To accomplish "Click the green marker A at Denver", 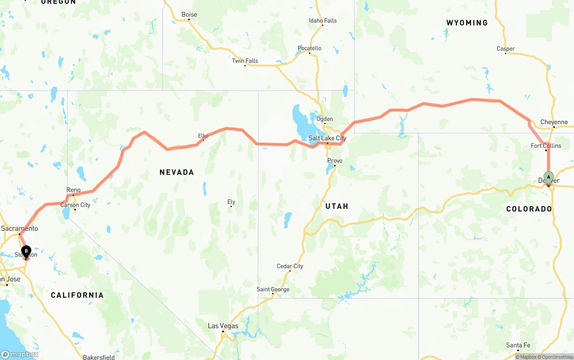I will (548, 177).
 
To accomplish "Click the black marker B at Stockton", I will (26, 252).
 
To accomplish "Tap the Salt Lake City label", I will (327, 138).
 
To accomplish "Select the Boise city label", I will (189, 15).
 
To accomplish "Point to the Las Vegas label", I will (223, 326).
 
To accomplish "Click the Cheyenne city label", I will (554, 122).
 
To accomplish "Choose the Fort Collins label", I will (546, 146).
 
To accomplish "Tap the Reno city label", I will (74, 190).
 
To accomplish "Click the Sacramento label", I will (19, 228).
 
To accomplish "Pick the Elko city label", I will (203, 136).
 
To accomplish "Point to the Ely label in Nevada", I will (231, 202).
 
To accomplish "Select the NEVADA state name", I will (177, 172).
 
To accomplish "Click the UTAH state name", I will (337, 206).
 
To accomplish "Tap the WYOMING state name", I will (467, 23).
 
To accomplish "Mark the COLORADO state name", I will (529, 209).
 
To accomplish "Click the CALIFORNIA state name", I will (77, 295).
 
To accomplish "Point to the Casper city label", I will (506, 49).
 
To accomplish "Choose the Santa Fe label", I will (518, 345).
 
